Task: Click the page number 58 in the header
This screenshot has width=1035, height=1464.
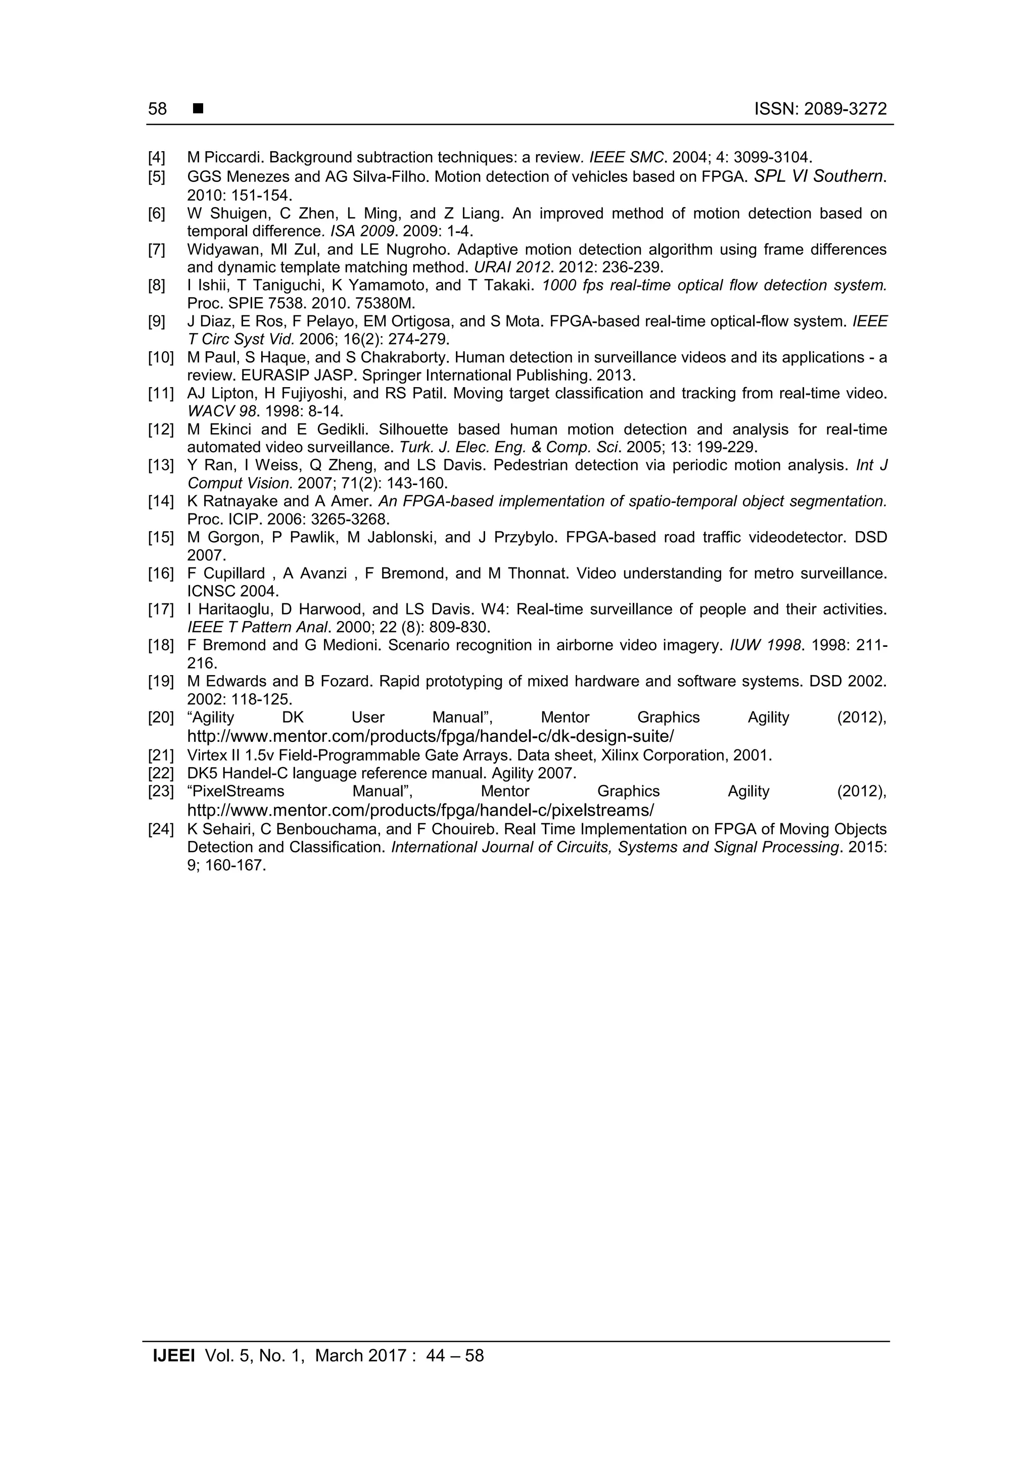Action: tap(158, 109)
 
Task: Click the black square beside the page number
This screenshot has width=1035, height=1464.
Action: tap(198, 109)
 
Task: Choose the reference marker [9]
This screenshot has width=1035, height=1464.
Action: tap(157, 321)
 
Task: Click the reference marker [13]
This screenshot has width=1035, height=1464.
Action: tap(161, 465)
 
